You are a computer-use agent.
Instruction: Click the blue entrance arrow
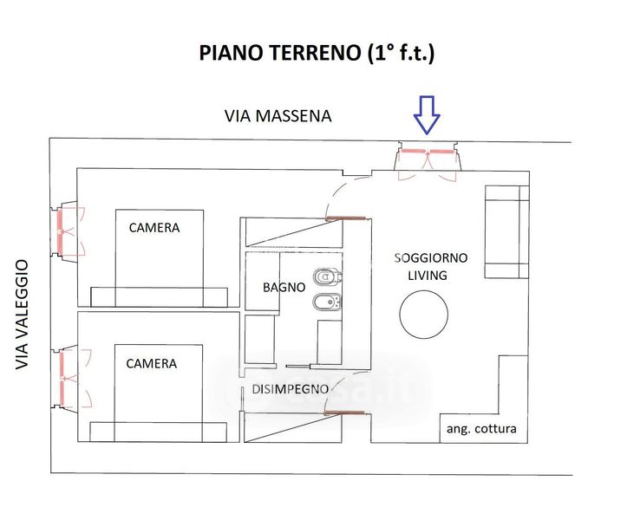pos(427,115)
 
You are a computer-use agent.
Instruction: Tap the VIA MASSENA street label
pos(278,116)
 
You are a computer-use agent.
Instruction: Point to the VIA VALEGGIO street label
pos(22,315)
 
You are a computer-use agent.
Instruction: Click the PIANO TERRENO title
pos(317,53)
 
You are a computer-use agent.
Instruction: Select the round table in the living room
pos(424,315)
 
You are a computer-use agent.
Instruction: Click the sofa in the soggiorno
pos(506,232)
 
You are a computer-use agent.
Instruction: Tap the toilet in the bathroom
pos(327,277)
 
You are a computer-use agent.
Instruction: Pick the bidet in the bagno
pos(327,302)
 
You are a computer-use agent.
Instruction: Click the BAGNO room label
pos(284,288)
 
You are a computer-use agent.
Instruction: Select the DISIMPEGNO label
pos(291,389)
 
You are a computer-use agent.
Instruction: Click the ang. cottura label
pos(481,429)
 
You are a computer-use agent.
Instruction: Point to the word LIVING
pos(428,276)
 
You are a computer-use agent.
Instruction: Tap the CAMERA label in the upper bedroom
pos(154,228)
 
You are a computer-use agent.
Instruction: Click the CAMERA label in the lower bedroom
pos(152,363)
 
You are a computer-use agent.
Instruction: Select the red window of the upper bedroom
pos(60,231)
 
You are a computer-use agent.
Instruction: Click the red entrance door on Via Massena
pos(428,152)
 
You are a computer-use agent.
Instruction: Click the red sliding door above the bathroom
pos(345,218)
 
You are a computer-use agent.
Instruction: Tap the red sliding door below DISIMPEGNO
pos(343,413)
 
